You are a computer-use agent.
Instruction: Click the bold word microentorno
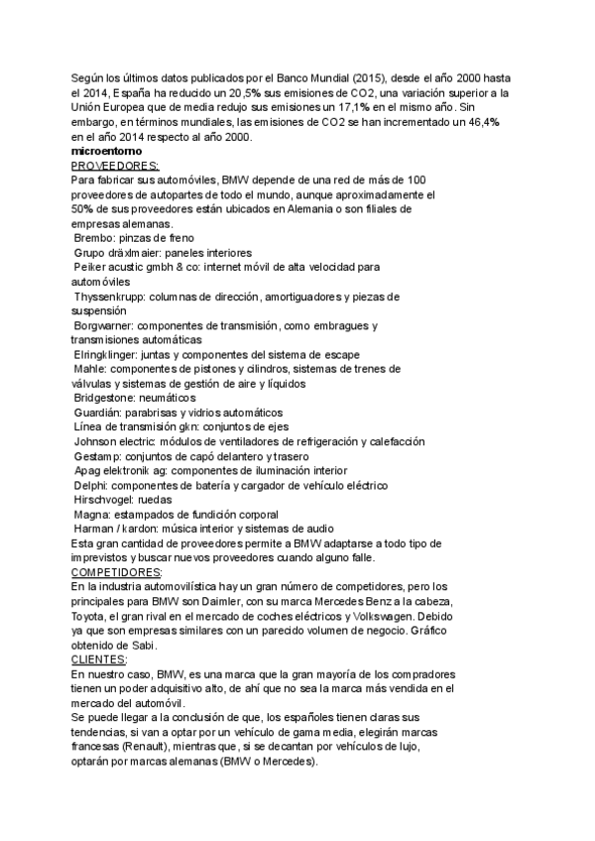(x=110, y=151)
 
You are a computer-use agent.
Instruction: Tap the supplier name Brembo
(x=97, y=238)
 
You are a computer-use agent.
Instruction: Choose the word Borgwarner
(x=104, y=324)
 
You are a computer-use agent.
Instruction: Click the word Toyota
(x=92, y=615)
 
